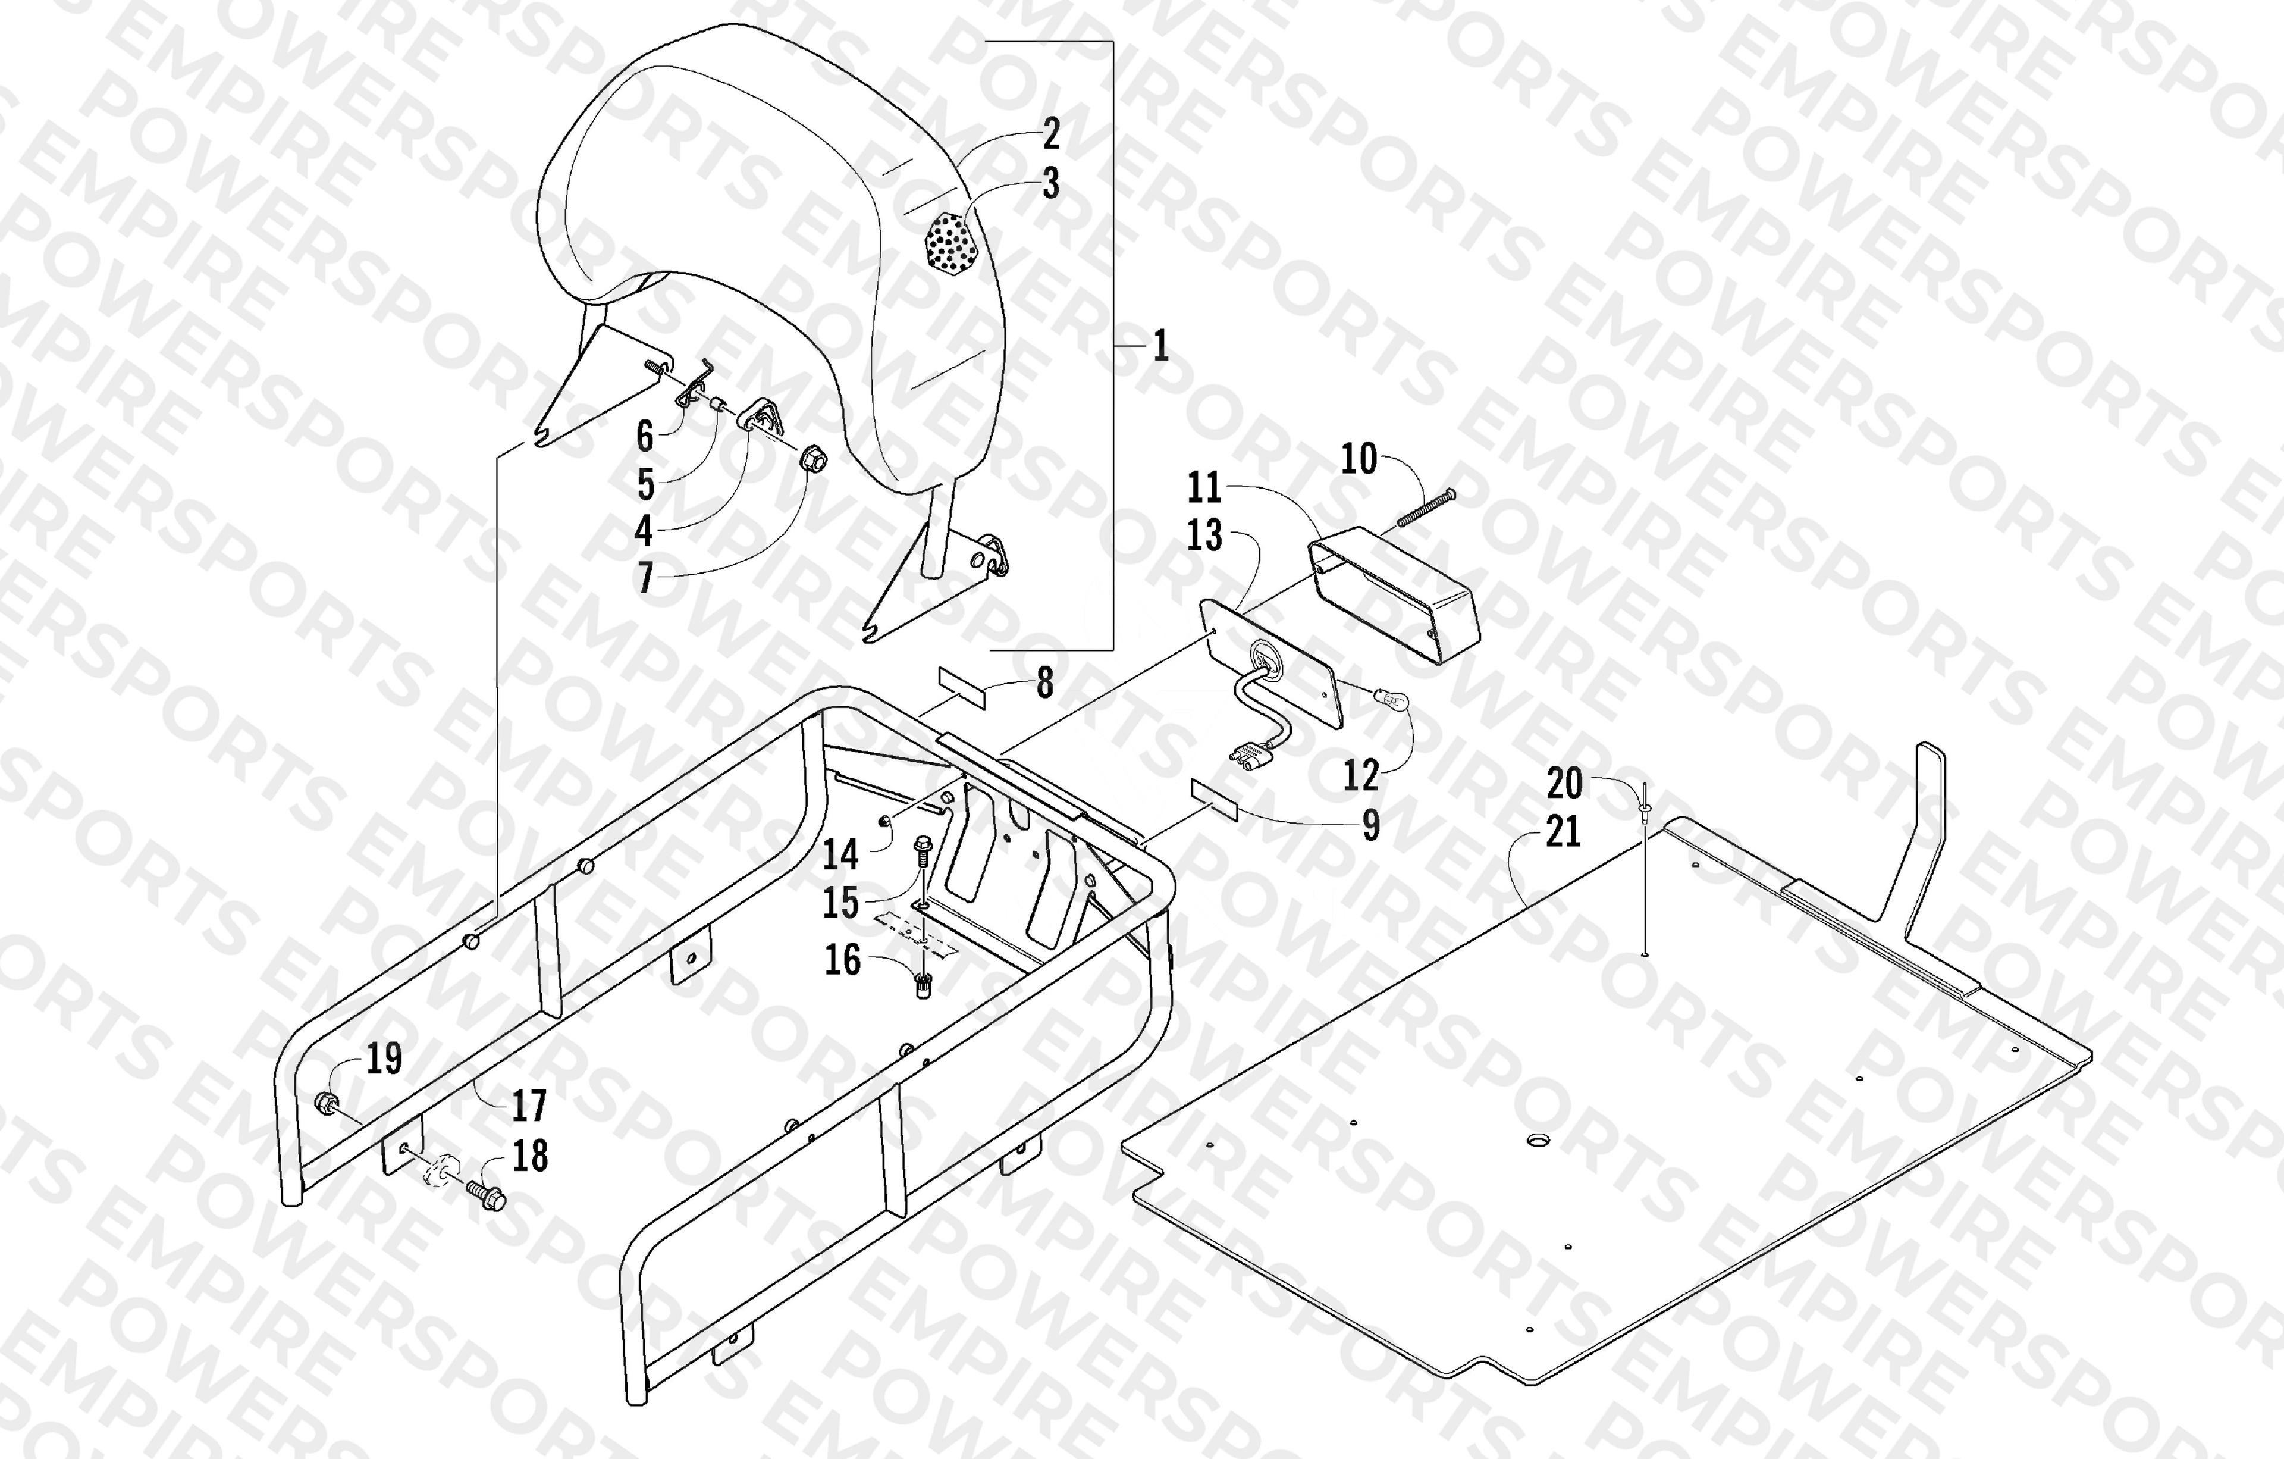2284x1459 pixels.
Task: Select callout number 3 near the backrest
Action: point(1051,184)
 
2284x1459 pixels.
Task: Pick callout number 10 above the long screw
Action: point(1359,459)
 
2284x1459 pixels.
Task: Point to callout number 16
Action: point(842,960)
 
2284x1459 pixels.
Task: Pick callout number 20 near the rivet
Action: point(1565,784)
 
